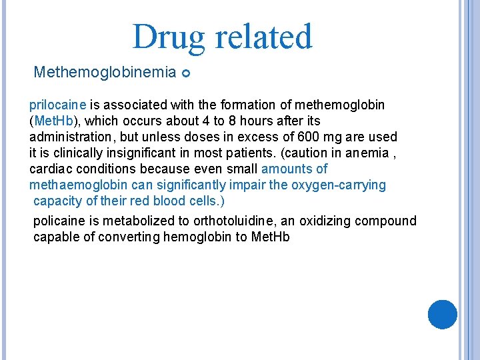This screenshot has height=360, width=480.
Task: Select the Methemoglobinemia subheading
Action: [105, 71]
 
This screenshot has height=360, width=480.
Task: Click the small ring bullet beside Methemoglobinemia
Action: [186, 72]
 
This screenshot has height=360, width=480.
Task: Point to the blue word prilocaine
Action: [58, 105]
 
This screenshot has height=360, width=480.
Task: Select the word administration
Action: [70, 137]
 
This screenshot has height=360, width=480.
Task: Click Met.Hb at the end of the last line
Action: [271, 237]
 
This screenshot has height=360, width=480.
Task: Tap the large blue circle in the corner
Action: [442, 314]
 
